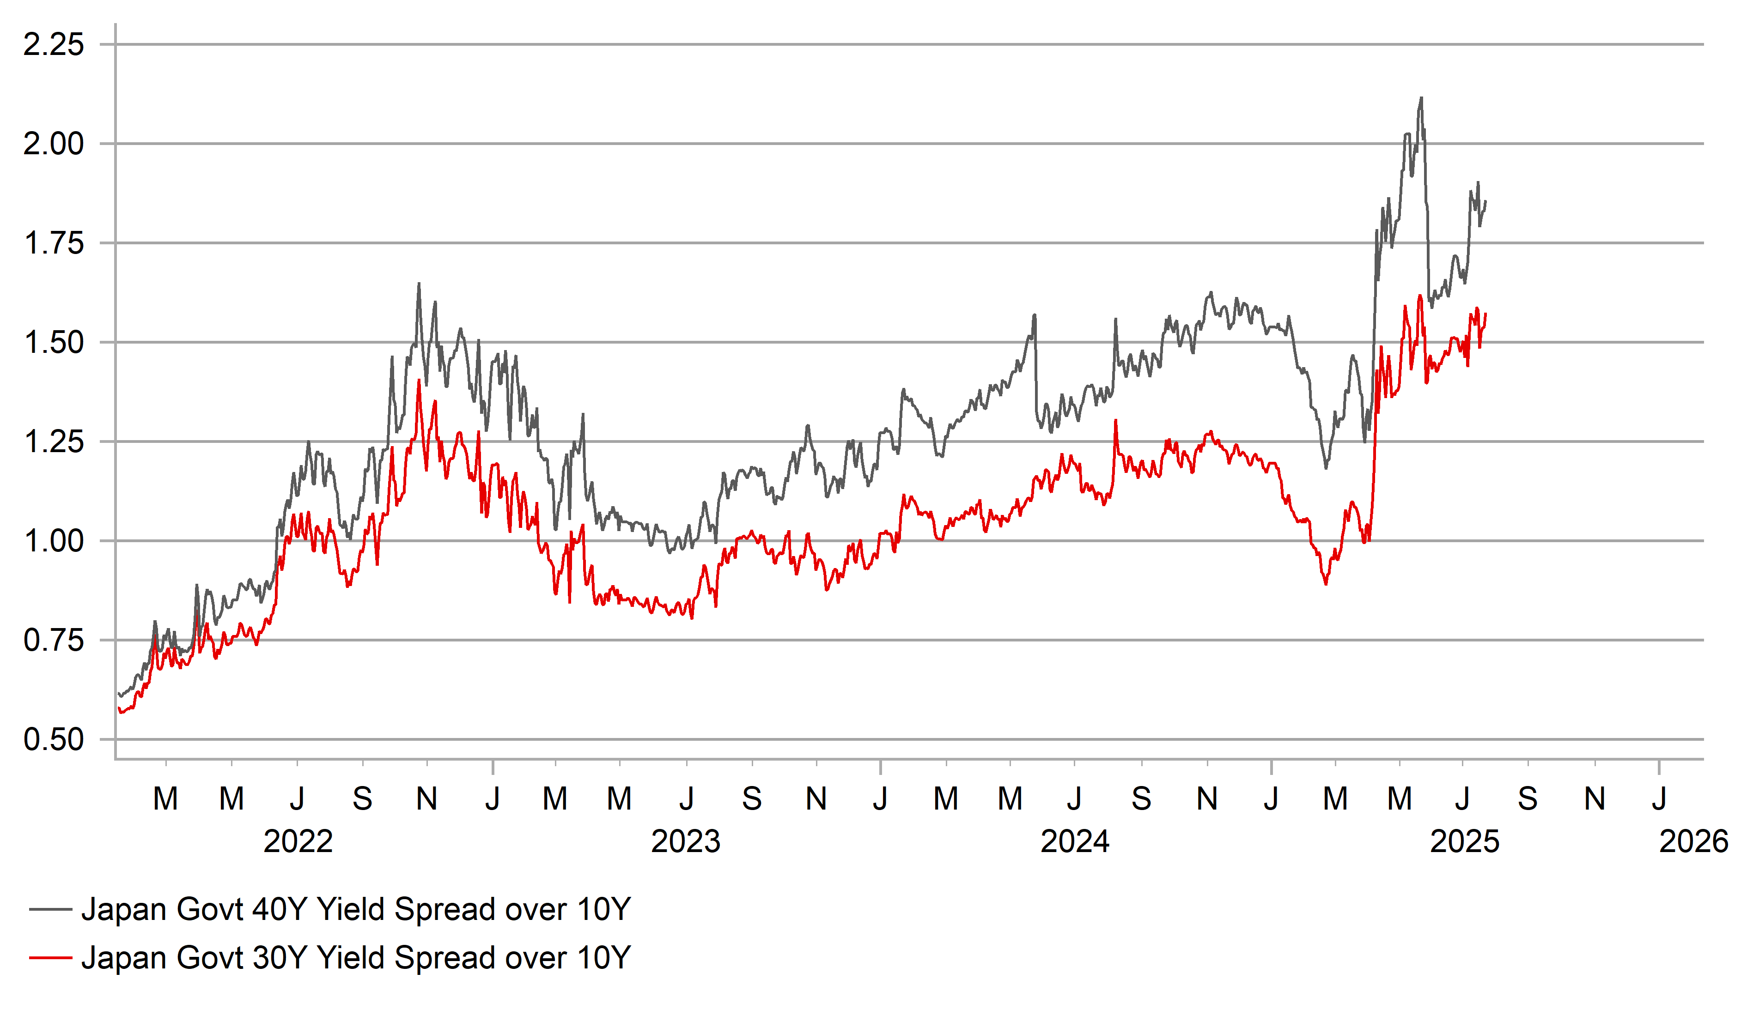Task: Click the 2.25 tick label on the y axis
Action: coord(54,45)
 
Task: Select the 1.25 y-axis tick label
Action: coord(54,441)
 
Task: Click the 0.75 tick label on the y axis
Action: coord(54,640)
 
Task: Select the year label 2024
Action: coord(1075,841)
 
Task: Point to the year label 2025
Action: coord(1465,841)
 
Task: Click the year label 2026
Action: coord(1692,841)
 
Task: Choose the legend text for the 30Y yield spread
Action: coord(356,958)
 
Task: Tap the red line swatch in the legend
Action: coord(50,958)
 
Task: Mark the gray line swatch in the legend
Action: coord(50,910)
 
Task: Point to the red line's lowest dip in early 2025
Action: coord(1326,584)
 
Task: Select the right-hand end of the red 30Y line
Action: coord(1485,314)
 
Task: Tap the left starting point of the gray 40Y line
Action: coord(119,694)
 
